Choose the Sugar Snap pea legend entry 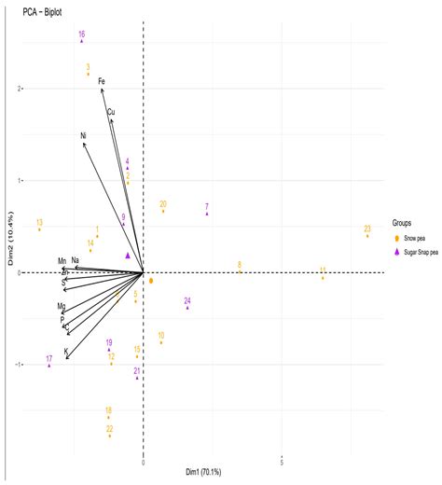(425, 251)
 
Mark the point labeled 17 (48, 366)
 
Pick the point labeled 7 (207, 215)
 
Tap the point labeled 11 (323, 278)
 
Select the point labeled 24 (187, 308)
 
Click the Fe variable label (102, 82)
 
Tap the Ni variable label (83, 136)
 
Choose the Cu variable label (111, 112)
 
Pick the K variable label (66, 352)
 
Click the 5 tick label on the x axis (282, 462)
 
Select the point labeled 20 (163, 212)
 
